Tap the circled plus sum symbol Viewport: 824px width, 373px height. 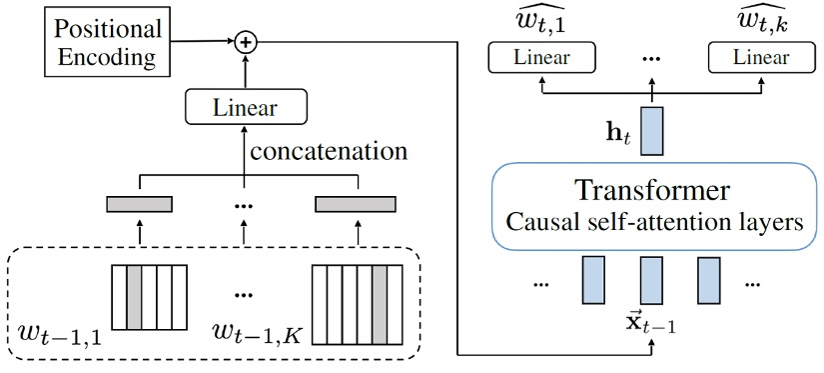pos(244,42)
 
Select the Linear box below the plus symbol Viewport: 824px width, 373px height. pos(244,107)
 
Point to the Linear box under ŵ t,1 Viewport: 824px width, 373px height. pos(541,57)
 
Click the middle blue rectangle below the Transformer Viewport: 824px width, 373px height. pos(652,280)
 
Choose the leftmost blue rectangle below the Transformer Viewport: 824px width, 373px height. pos(595,280)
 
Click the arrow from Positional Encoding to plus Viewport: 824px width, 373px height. pos(200,41)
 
